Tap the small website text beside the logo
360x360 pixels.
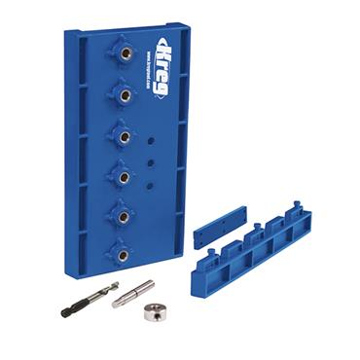click(143, 65)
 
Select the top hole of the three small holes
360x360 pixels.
click(150, 142)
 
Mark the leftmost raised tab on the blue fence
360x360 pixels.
click(206, 257)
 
